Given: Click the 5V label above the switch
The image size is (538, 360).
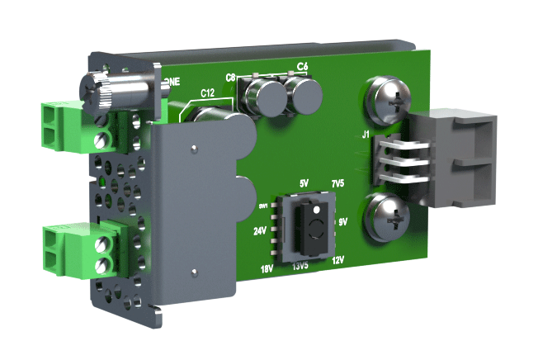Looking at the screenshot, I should tap(303, 182).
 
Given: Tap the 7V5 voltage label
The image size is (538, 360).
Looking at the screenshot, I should tap(337, 182).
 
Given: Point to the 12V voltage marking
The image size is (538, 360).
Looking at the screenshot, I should tap(337, 260).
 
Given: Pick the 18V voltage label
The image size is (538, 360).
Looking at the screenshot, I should tap(266, 268).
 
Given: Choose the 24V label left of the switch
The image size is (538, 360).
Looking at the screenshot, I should tap(259, 232).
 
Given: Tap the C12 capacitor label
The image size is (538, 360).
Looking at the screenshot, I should tap(208, 93).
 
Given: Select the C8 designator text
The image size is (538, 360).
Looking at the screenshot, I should tap(232, 77).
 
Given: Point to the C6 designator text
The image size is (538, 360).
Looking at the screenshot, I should tap(302, 66).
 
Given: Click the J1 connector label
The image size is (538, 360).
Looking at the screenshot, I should tap(366, 133).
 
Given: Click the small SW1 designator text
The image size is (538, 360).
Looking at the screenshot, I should tap(264, 204).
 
